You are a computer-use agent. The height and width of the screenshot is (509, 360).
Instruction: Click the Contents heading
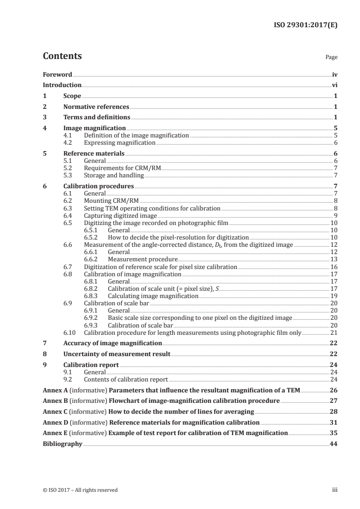62,56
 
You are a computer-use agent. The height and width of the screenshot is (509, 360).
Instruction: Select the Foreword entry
57,74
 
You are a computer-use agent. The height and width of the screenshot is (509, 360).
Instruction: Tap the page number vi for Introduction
335,85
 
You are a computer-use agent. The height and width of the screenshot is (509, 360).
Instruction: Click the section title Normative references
96,107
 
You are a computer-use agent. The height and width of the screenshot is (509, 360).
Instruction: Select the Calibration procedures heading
99,186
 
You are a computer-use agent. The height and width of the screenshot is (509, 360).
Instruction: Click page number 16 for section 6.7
334,267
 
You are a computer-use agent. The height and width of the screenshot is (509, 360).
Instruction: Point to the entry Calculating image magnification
153,296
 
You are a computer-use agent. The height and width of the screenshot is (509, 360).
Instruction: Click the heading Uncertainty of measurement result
117,354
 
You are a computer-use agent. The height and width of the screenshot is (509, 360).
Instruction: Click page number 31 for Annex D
334,422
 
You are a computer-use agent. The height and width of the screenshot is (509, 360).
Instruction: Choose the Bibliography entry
62,444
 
